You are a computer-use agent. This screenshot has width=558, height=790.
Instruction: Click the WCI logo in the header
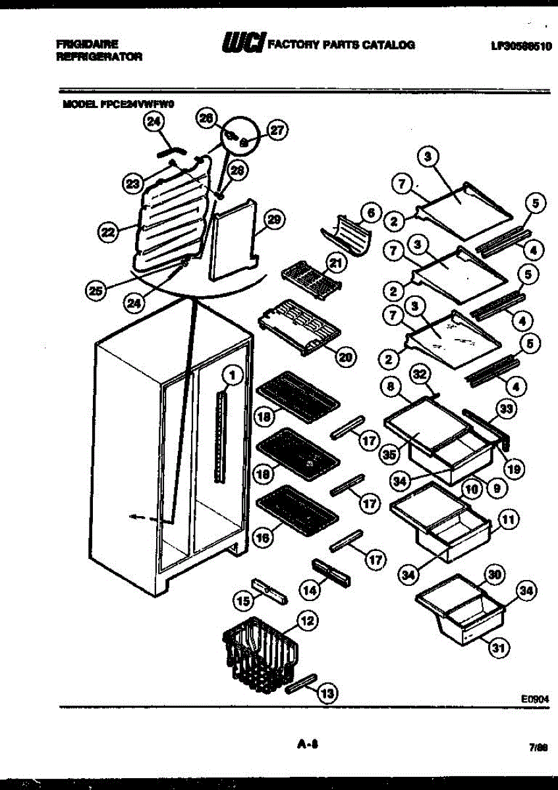pyautogui.click(x=244, y=43)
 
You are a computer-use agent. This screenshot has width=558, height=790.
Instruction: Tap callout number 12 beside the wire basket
pyautogui.click(x=307, y=619)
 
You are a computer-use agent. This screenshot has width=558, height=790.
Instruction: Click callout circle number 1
pyautogui.click(x=231, y=376)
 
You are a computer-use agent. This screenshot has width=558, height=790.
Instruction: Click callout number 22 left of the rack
pyautogui.click(x=107, y=230)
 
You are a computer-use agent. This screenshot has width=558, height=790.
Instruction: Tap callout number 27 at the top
pyautogui.click(x=277, y=130)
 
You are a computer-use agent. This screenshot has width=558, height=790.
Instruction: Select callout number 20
pyautogui.click(x=345, y=356)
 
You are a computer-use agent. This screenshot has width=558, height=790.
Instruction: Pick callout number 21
pyautogui.click(x=337, y=264)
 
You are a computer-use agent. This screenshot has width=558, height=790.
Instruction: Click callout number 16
pyautogui.click(x=263, y=538)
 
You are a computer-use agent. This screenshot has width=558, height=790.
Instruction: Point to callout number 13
pyautogui.click(x=326, y=692)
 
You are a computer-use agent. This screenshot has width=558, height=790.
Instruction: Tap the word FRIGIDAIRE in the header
pyautogui.click(x=88, y=44)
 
